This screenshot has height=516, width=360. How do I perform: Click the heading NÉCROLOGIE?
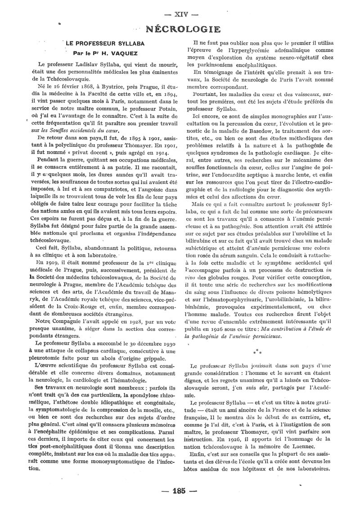(183, 29)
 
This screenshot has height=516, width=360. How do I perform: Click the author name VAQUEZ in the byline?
(108, 53)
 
